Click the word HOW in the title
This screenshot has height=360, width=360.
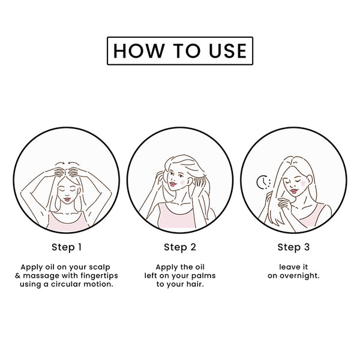139,51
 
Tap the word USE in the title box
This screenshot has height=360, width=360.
227,51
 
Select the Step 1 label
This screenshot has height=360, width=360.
67,247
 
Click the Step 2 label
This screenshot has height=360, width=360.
180,247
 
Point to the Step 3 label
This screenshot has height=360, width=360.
293,247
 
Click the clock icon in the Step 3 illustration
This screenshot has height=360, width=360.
263,182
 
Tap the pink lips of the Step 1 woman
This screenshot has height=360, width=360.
67,199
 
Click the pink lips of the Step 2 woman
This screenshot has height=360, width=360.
172,184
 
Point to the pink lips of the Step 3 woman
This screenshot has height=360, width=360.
293,191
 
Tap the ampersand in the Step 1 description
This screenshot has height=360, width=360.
17,276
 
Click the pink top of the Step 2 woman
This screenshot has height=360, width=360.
176,217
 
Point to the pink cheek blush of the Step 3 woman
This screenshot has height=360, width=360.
303,183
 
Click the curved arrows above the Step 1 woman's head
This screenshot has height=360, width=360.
67,163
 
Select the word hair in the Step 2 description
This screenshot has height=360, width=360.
195,284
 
